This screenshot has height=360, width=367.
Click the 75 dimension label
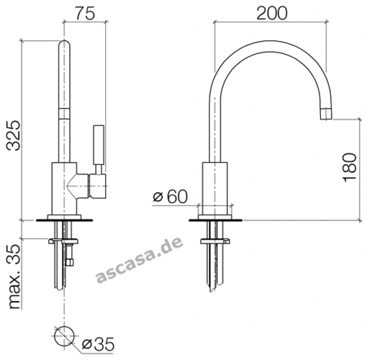(85, 13)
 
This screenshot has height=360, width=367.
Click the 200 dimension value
(272, 13)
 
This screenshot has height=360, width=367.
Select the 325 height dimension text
(14, 136)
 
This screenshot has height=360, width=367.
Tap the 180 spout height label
(350, 168)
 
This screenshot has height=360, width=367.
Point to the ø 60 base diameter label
(171, 196)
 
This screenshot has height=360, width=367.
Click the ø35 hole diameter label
(98, 344)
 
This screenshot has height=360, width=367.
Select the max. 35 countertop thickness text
(14, 277)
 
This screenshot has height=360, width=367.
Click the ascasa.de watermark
(140, 260)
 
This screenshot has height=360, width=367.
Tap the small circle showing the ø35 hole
(64, 336)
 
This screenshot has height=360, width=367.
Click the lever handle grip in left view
(99, 145)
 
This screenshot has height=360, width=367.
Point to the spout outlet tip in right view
(326, 114)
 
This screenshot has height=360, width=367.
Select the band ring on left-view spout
(64, 114)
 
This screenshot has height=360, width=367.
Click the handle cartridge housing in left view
(97, 186)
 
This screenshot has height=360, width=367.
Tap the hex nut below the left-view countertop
(69, 262)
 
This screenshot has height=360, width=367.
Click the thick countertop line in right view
(216, 220)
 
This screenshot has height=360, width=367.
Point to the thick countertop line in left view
(64, 220)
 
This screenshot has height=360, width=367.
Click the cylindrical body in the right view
(215, 188)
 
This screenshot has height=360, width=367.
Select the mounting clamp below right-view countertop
(215, 241)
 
